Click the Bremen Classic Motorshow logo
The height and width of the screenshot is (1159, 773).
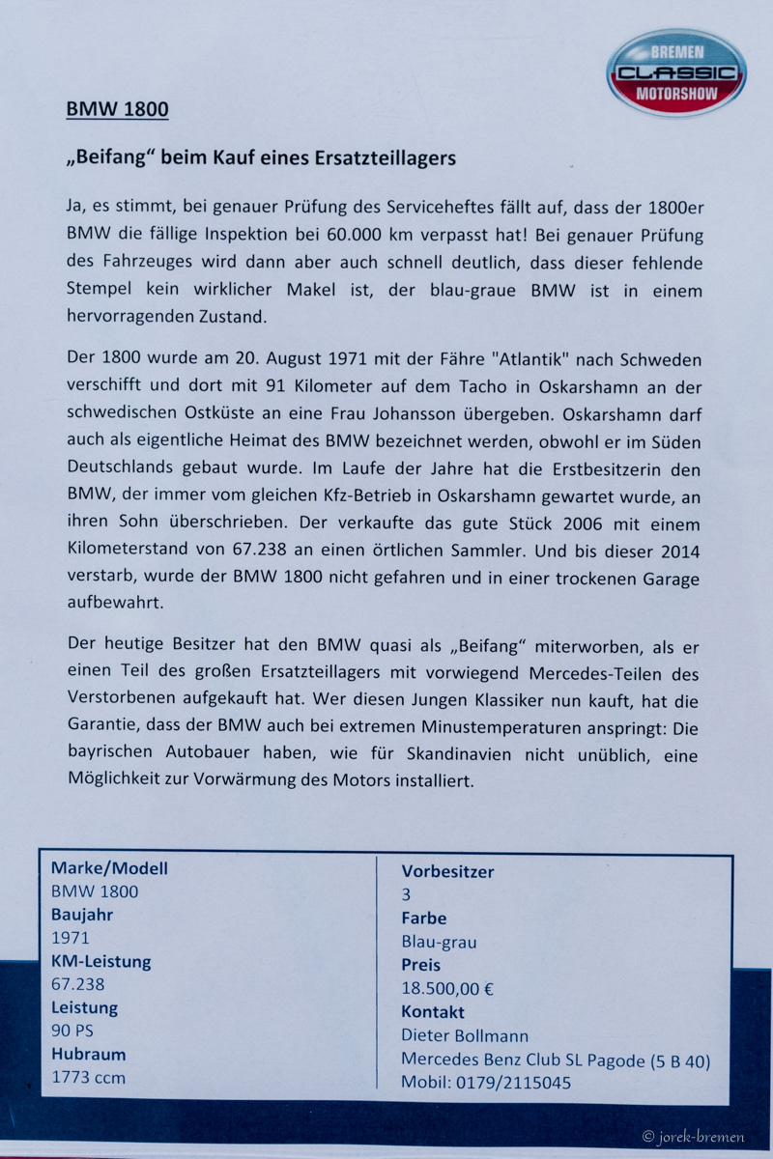tap(675, 72)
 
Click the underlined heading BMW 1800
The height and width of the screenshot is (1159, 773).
tap(117, 109)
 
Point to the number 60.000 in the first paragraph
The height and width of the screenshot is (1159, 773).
tap(376, 235)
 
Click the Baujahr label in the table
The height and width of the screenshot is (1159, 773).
tap(82, 915)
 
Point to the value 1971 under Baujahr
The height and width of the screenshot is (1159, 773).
tap(70, 938)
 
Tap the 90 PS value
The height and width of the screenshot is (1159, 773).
tap(72, 1031)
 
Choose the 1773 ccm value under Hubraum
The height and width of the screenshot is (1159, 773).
tap(88, 1077)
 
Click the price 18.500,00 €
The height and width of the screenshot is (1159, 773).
tap(448, 988)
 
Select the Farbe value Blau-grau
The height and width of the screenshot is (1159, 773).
tap(439, 942)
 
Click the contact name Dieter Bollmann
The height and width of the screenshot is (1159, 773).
tap(465, 1036)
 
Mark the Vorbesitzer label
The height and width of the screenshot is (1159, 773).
tap(447, 871)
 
